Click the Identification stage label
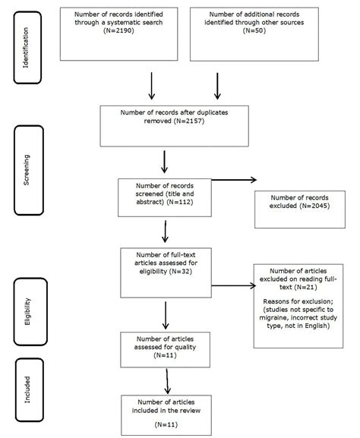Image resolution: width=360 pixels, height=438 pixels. point(27,46)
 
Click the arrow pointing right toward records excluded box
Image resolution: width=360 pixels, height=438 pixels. point(232,181)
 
